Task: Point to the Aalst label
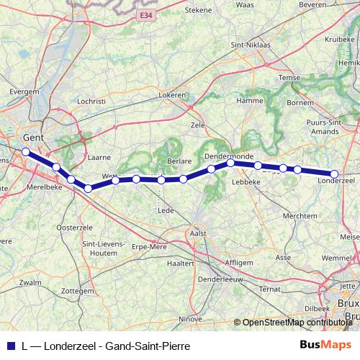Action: (197, 233)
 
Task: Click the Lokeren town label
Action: (173, 95)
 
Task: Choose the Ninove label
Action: (190, 318)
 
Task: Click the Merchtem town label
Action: (300, 215)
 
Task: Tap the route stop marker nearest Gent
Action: (25, 152)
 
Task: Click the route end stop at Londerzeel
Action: (334, 174)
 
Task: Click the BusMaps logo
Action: (320, 345)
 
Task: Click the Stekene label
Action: (199, 10)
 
